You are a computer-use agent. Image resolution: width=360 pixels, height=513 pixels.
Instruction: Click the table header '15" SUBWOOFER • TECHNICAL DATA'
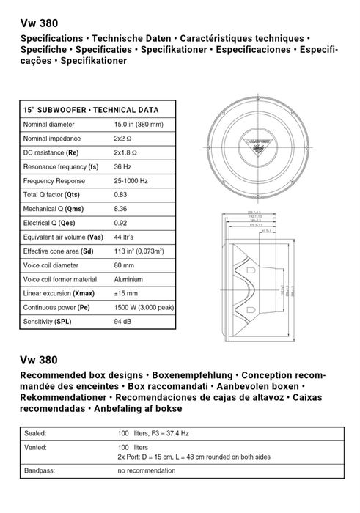tap(91, 110)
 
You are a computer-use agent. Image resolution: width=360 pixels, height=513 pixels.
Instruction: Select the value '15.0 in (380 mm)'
tap(139, 125)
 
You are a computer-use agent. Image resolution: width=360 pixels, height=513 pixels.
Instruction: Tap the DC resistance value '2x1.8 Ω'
tap(126, 152)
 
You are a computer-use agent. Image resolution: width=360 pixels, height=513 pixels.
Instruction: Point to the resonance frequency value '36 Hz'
tap(122, 166)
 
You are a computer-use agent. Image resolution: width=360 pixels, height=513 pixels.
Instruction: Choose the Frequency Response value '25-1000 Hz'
tap(131, 180)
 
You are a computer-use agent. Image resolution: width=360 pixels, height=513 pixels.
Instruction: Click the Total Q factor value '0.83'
tap(121, 195)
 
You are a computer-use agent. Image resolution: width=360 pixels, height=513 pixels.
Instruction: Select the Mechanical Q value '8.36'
tap(121, 209)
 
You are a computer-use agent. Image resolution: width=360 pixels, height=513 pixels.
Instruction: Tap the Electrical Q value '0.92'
tap(121, 223)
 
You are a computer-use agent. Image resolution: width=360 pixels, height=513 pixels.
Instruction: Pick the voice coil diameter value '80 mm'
tap(124, 265)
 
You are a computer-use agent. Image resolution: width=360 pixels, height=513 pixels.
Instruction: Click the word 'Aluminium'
tap(128, 279)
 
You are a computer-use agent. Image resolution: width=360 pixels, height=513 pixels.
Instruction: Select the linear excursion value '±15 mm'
tap(126, 293)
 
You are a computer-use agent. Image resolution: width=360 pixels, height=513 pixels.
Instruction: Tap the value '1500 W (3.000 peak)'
tap(144, 308)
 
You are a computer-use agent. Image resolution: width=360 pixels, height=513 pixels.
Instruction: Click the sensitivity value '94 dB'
tap(122, 322)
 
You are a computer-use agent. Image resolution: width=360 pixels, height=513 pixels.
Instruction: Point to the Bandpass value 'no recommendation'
tap(145, 470)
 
